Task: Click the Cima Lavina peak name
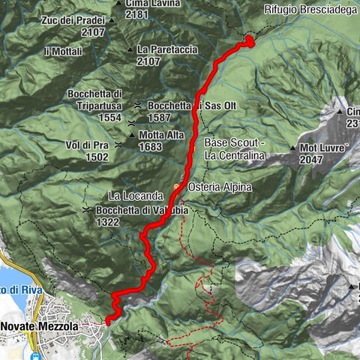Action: pos(148,4)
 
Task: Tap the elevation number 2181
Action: pos(136,14)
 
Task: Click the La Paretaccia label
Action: pos(167,49)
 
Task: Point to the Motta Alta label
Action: pos(160,136)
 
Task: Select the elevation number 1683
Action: pos(150,146)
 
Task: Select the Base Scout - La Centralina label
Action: pos(235,148)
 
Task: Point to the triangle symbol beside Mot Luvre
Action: pos(292,148)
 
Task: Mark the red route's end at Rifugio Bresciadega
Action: pos(250,40)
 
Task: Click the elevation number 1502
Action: pos(97,157)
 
